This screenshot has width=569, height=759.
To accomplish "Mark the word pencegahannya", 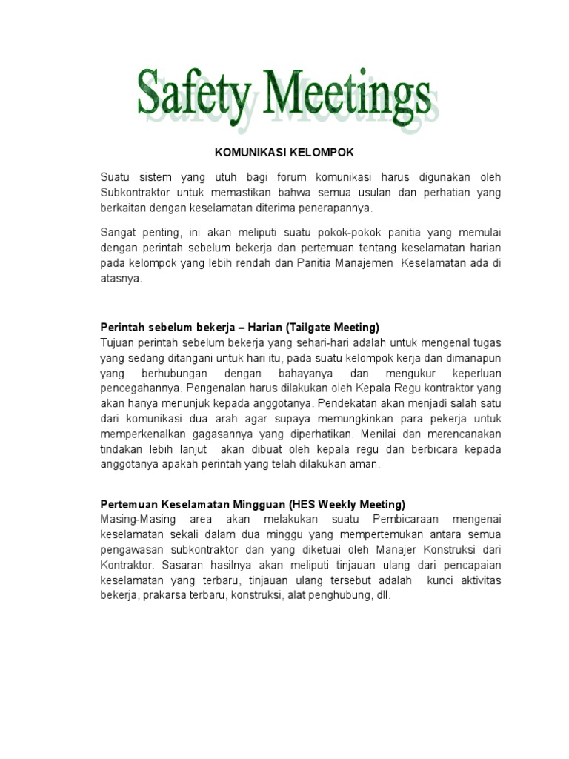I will (x=141, y=388).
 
